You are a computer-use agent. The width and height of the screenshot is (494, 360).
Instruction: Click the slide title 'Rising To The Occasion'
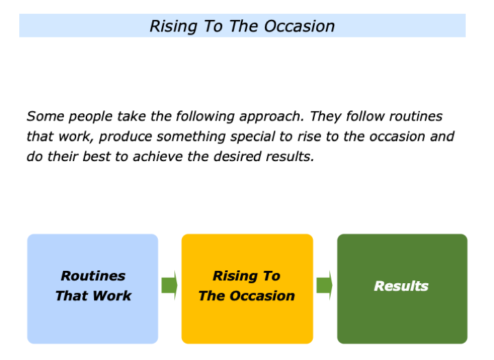click(242, 26)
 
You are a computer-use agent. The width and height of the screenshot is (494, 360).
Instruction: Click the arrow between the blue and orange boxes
click(169, 285)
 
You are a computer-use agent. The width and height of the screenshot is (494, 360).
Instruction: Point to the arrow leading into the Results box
click(325, 285)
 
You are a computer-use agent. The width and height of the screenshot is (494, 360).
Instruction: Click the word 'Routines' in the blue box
click(93, 276)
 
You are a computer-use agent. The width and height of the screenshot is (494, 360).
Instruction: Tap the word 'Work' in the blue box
click(114, 296)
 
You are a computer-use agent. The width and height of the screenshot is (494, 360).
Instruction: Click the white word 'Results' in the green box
click(401, 286)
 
